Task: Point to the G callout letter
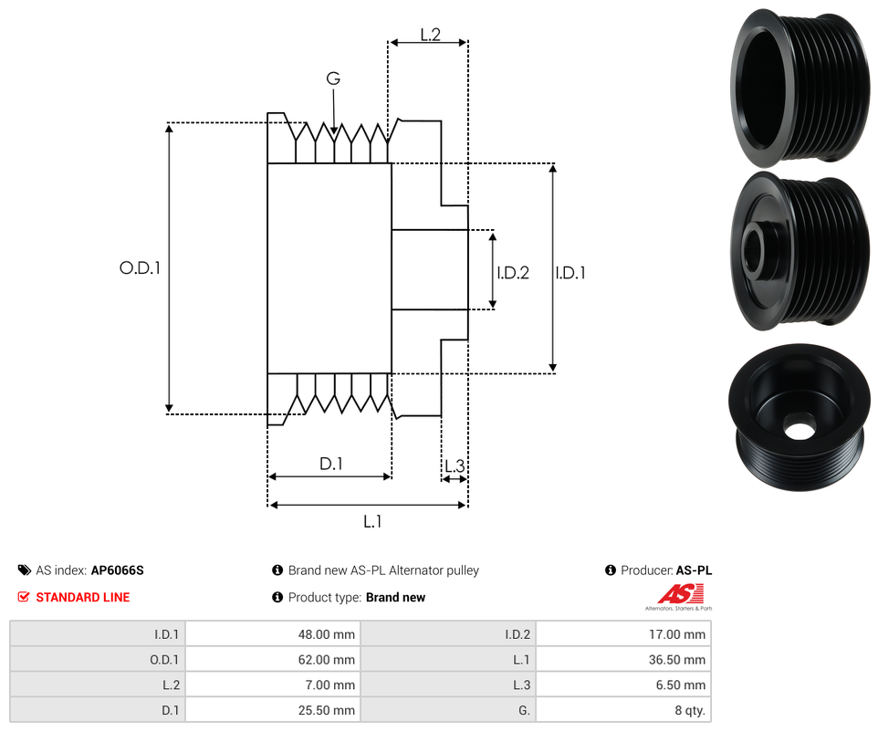tap(333, 79)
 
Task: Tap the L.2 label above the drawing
tap(430, 35)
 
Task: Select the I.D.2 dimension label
tap(513, 272)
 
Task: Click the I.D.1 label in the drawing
tap(570, 272)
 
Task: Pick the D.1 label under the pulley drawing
tap(330, 464)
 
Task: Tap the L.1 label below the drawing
tap(371, 521)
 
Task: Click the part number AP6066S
tap(117, 570)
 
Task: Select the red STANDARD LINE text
tap(82, 598)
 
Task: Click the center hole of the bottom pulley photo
tap(800, 428)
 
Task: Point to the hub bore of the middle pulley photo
tap(757, 248)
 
